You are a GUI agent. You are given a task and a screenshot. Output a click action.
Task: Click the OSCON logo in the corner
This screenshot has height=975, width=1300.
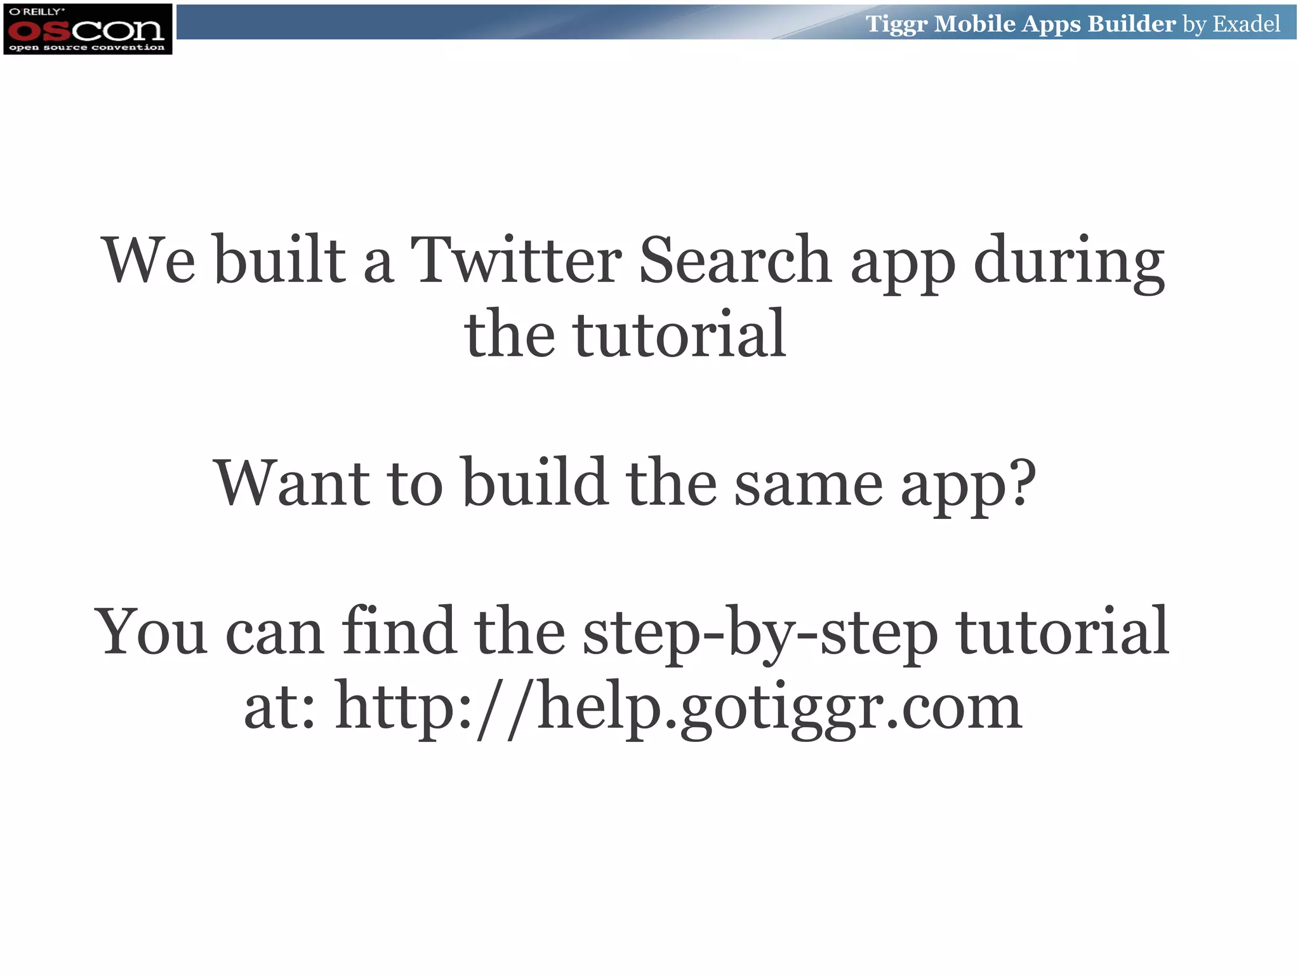tap(88, 29)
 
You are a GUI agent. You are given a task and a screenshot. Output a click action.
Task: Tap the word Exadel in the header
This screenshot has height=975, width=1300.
tap(1246, 24)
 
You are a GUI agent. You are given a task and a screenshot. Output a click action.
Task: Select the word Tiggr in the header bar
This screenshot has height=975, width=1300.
tap(896, 24)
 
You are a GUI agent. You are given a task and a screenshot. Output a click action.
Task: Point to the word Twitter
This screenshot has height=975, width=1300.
tap(515, 260)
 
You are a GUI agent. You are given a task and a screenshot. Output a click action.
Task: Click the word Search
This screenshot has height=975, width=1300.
tap(734, 260)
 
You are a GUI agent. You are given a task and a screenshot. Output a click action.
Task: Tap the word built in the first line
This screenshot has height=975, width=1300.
tap(279, 260)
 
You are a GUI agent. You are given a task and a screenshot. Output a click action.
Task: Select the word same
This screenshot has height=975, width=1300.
tap(808, 484)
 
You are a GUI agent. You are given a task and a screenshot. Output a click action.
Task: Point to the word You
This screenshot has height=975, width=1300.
tap(151, 632)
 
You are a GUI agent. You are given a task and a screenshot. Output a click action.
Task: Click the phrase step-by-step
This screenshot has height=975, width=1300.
tap(760, 633)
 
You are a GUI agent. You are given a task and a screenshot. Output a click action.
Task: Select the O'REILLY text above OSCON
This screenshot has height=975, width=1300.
tap(37, 11)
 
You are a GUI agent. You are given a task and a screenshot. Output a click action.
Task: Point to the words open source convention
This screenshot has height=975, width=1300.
tap(87, 48)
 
